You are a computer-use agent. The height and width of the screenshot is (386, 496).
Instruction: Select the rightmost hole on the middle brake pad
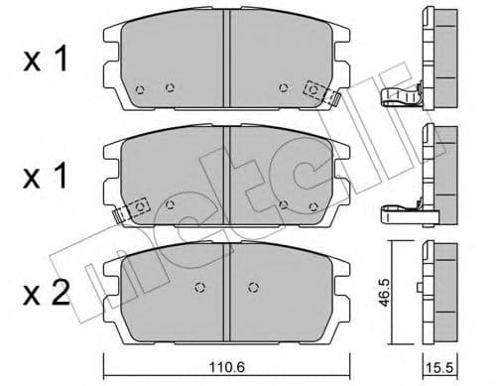click(x=315, y=206)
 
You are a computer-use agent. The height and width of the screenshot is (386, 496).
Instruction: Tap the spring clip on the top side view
click(x=402, y=96)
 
